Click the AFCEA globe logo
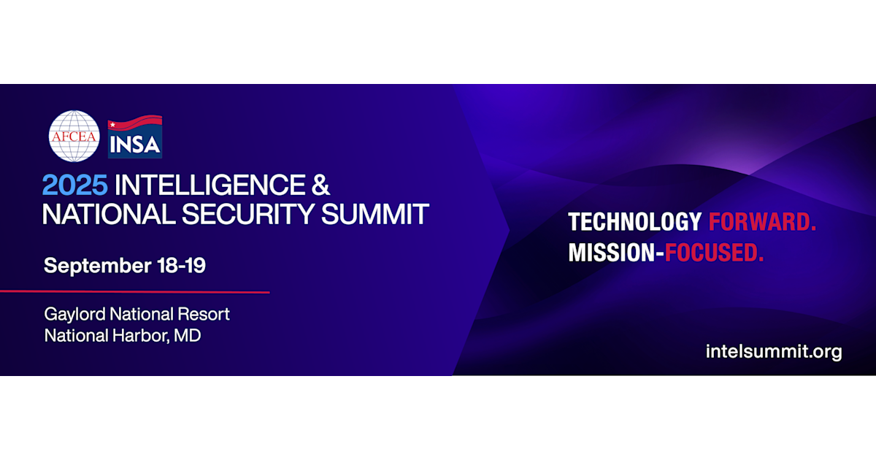click(74, 136)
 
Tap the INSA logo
click(135, 137)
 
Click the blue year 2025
click(74, 185)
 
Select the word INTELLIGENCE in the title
click(210, 185)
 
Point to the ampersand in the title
click(320, 185)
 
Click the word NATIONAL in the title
click(109, 214)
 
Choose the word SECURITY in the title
click(248, 214)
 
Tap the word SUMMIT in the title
click(375, 214)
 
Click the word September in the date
click(98, 266)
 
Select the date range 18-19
click(181, 265)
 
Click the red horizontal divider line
click(135, 292)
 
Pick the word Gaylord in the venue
click(74, 315)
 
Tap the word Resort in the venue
click(204, 314)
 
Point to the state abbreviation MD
click(188, 336)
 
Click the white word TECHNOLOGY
click(635, 222)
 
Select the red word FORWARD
click(762, 222)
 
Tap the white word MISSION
click(612, 253)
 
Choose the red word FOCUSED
click(714, 253)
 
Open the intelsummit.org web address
click(774, 352)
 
